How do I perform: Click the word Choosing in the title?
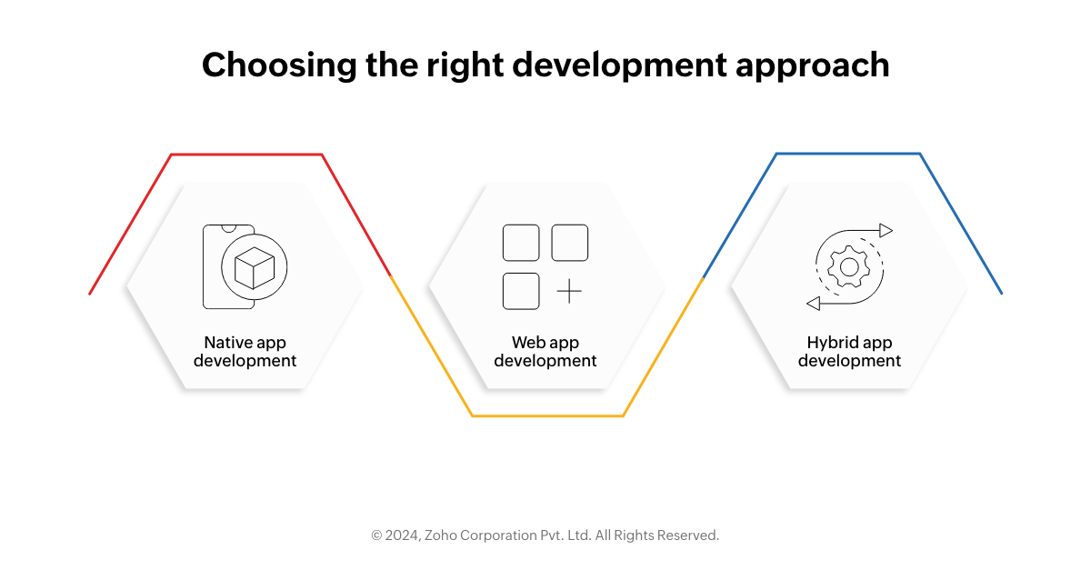280,65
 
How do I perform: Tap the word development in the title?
619,65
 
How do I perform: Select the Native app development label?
245,351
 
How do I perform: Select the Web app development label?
545,351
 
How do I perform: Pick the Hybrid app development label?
849,351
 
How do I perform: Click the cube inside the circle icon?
255,267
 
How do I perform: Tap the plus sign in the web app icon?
569,291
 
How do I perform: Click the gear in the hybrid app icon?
849,267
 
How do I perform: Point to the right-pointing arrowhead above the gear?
886,230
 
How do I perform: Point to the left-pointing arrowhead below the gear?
814,304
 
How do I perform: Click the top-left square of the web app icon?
521,243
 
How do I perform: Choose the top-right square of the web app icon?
570,243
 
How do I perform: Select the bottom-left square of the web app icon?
521,291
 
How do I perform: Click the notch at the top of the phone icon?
229,228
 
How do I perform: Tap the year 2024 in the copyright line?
402,535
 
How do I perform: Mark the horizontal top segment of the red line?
246,155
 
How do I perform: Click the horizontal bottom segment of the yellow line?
548,415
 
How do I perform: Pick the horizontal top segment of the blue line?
848,154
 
